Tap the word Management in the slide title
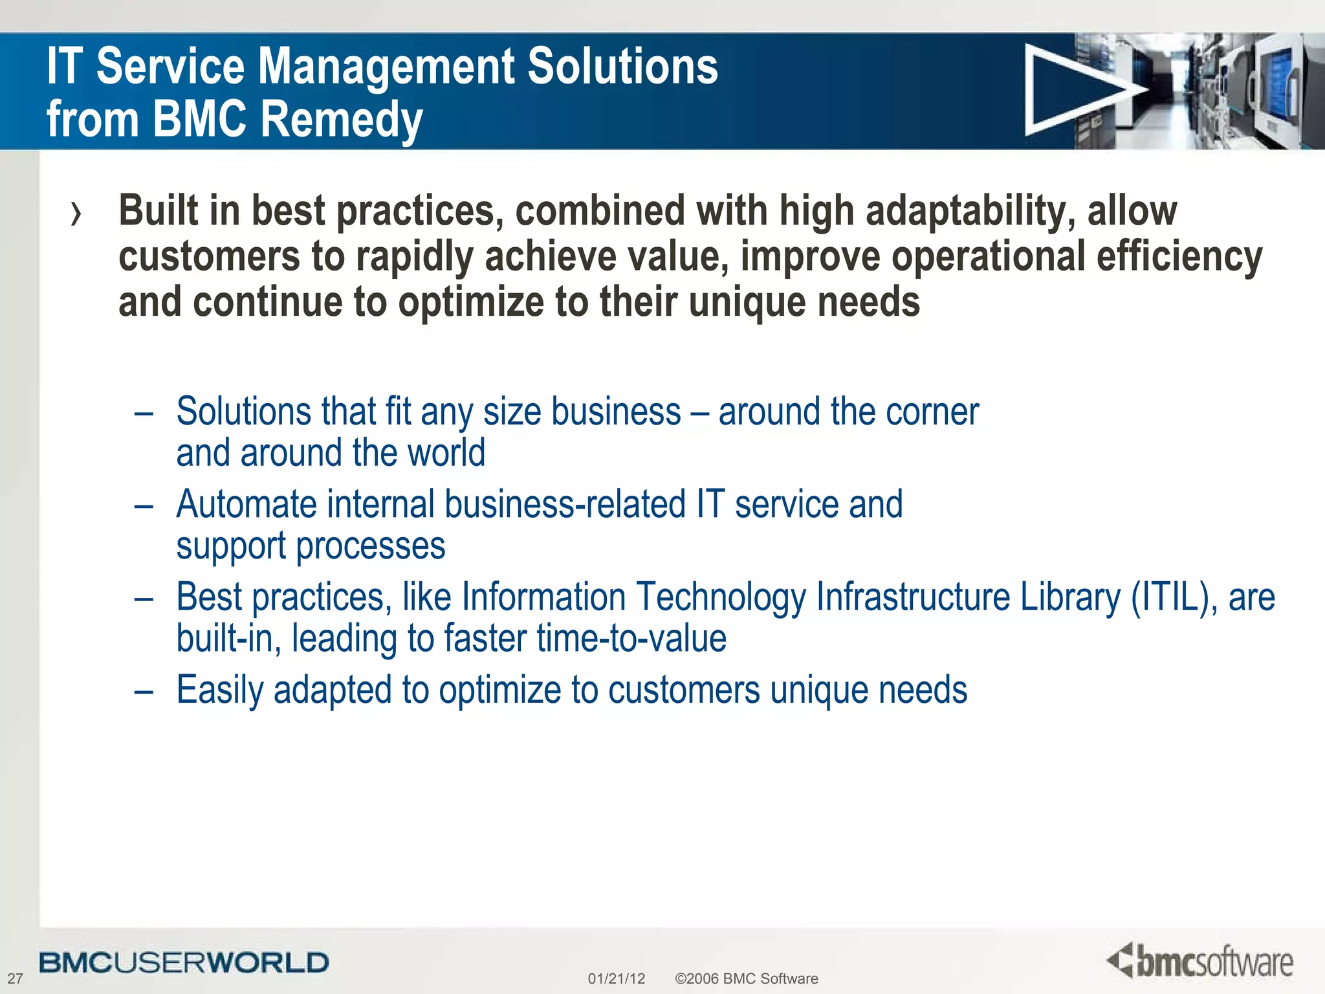[x=386, y=67]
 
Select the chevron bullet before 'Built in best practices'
[x=76, y=214]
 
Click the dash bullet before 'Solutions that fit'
[x=144, y=413]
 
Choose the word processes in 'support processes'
[x=370, y=546]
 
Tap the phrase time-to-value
[x=631, y=639]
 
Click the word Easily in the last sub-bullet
[x=219, y=690]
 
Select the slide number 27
[x=15, y=978]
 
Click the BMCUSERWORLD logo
[x=184, y=963]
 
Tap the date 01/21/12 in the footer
[x=616, y=978]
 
